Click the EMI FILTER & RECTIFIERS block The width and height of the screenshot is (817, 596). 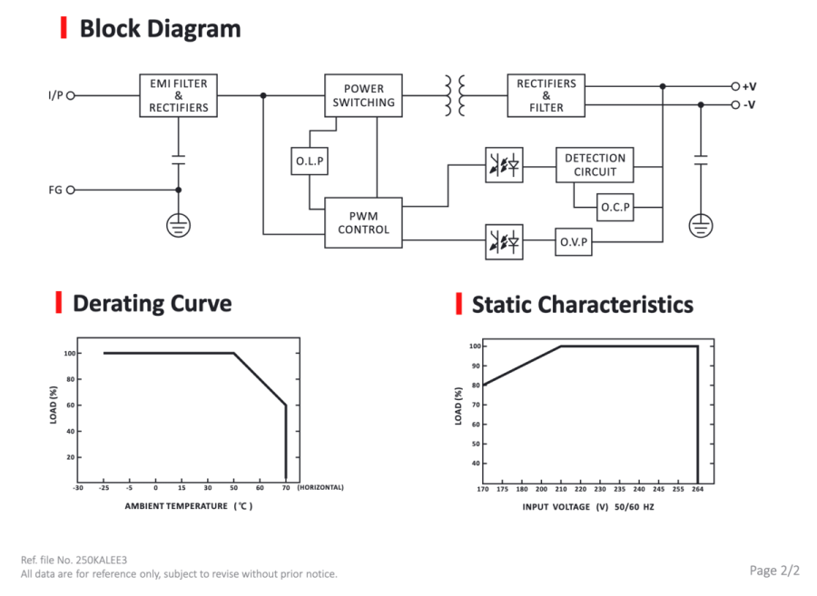click(x=178, y=95)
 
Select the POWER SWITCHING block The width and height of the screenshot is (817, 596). click(x=363, y=95)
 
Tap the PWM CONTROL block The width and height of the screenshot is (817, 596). click(x=363, y=223)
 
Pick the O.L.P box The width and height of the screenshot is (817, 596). click(x=310, y=161)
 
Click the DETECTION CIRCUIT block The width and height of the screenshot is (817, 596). click(x=595, y=165)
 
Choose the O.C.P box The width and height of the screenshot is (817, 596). click(x=615, y=207)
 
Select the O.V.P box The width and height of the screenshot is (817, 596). click(x=574, y=242)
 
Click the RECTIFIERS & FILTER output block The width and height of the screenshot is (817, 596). click(x=546, y=95)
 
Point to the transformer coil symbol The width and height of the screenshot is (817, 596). click(x=455, y=95)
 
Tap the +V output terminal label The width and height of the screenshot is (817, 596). click(x=749, y=86)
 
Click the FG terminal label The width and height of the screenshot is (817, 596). click(x=55, y=190)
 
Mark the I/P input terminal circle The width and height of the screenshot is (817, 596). click(x=71, y=95)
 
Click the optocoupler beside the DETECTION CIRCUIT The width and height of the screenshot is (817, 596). click(x=504, y=165)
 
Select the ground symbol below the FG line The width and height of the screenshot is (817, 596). click(x=178, y=226)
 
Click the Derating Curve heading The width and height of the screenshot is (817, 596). click(x=153, y=304)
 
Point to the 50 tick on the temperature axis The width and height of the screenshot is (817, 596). click(x=234, y=488)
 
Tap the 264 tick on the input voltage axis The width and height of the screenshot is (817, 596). click(x=698, y=489)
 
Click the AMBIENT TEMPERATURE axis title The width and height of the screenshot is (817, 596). click(x=176, y=506)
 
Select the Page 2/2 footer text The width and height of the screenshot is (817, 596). click(x=774, y=571)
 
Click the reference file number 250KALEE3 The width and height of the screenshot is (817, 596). click(x=102, y=560)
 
